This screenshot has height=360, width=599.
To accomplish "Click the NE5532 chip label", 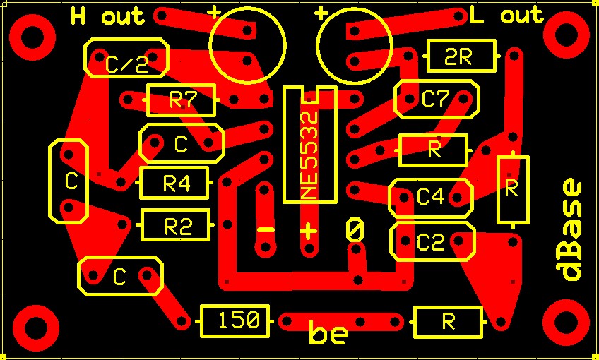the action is (310, 145).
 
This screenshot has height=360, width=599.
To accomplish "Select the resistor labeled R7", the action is (181, 100).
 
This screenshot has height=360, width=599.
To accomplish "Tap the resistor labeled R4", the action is (175, 184).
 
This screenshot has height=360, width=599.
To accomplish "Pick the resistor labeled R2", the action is (176, 226).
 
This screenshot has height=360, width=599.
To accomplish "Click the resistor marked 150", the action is (235, 321).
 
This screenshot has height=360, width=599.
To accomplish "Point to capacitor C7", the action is (436, 100).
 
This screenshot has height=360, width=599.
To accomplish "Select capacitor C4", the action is (430, 198).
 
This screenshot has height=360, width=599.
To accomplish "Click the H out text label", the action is (107, 16).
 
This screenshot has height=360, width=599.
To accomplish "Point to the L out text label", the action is (506, 16).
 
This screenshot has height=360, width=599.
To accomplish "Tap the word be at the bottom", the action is (328, 334).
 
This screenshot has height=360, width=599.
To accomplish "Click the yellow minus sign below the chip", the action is (266, 230).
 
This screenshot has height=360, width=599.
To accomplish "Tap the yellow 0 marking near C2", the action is (355, 229).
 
